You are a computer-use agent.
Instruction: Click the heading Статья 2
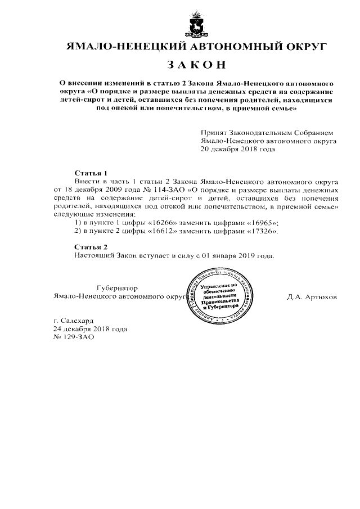click(x=91, y=247)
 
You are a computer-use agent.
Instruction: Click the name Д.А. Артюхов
click(x=312, y=296)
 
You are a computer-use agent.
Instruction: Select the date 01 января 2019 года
click(x=238, y=256)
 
